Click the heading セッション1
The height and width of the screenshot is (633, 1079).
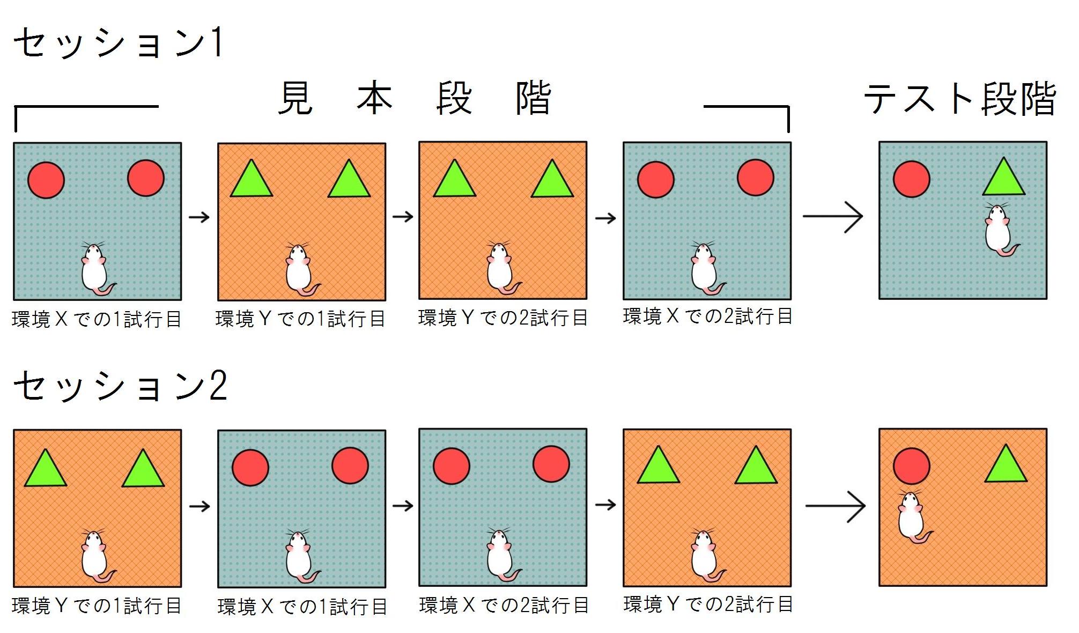click(118, 43)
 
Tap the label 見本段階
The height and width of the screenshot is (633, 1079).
click(414, 99)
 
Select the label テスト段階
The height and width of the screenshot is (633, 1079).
click(960, 99)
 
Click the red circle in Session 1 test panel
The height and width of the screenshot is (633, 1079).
click(911, 179)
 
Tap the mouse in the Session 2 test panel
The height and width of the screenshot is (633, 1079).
click(912, 517)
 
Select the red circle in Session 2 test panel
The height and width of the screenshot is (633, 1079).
click(911, 466)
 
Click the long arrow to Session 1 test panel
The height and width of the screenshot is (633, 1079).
click(832, 217)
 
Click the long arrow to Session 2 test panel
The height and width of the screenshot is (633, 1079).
click(835, 506)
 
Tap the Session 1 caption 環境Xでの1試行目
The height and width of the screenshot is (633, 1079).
click(97, 320)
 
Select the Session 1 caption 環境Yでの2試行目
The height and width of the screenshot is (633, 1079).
click(502, 318)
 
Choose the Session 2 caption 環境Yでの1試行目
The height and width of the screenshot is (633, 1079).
click(97, 606)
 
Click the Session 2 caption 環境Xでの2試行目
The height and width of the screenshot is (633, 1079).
click(504, 606)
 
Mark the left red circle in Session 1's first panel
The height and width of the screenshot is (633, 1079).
click(46, 180)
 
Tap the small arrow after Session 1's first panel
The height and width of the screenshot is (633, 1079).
click(199, 217)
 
